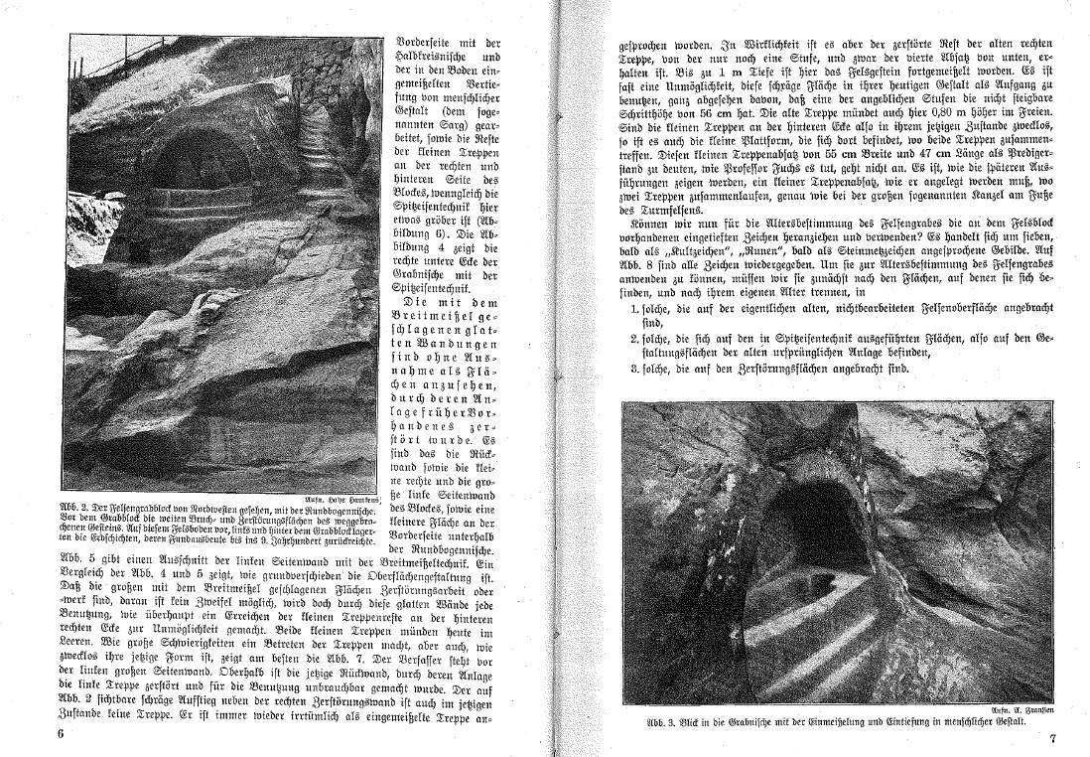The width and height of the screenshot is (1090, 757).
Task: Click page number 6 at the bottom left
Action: click(61, 734)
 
